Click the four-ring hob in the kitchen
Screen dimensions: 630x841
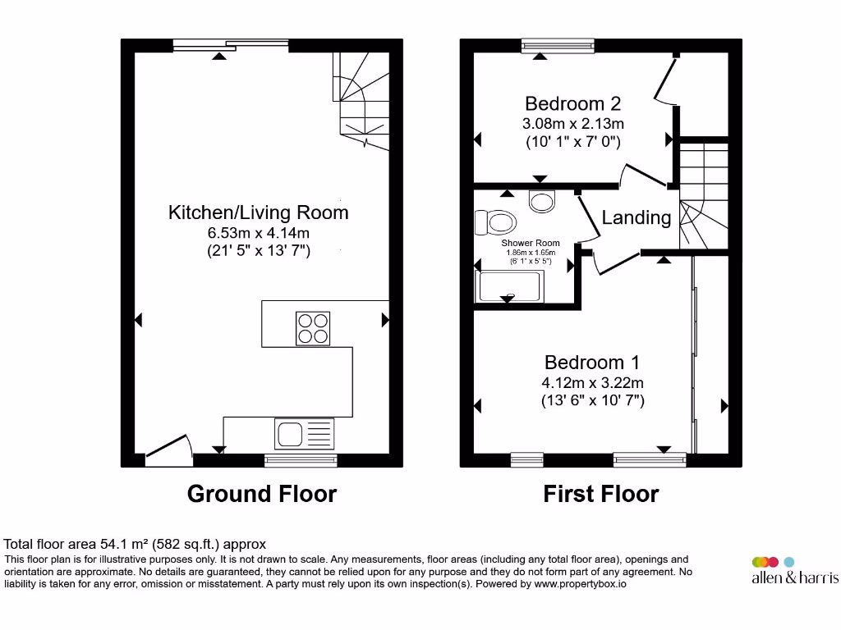313,328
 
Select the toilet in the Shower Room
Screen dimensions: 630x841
496,221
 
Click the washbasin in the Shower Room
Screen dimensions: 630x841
542,201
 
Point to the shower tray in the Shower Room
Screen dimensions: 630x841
509,287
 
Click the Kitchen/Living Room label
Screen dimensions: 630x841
258,212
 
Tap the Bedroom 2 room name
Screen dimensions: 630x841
572,103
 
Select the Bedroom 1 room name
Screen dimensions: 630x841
592,362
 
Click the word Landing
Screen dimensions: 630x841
636,217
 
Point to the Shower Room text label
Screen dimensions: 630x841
531,243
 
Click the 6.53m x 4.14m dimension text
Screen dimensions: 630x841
258,233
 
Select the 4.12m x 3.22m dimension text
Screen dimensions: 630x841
592,382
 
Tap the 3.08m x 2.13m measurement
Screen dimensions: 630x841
572,124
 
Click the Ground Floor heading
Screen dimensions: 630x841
261,494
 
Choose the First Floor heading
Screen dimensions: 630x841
600,494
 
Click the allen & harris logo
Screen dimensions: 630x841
794,571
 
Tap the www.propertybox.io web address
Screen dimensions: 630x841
581,584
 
